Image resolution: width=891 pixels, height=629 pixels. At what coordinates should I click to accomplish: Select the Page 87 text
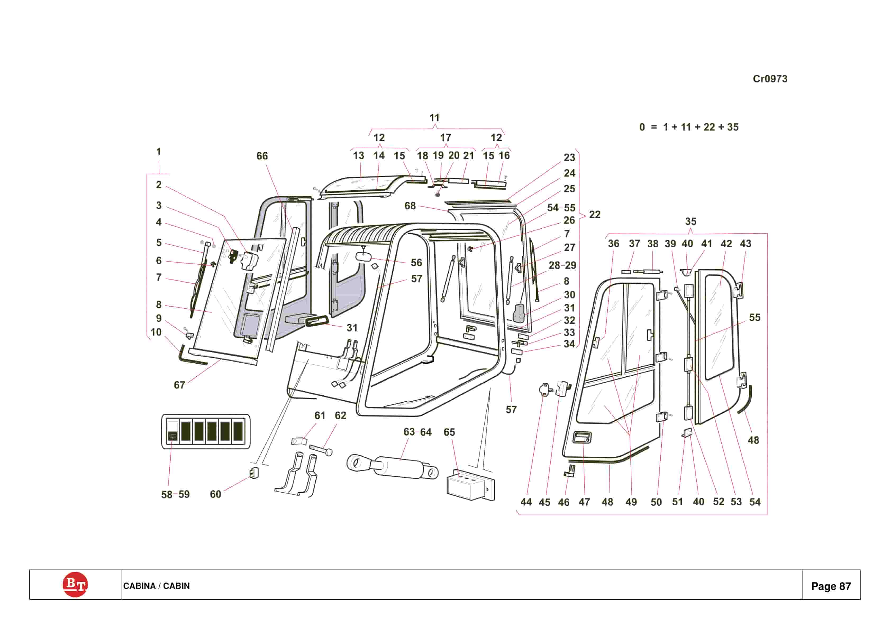tap(831, 586)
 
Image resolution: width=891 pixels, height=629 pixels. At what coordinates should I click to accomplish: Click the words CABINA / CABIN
tap(156, 586)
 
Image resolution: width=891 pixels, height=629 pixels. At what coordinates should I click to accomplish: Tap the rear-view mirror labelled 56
tap(364, 256)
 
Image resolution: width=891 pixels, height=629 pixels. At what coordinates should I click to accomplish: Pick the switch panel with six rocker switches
tap(206, 431)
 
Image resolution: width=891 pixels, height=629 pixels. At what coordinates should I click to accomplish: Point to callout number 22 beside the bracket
tap(594, 215)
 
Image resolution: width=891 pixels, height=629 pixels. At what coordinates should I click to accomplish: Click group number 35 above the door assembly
tap(690, 221)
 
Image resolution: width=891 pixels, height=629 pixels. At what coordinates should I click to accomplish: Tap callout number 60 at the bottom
tap(215, 494)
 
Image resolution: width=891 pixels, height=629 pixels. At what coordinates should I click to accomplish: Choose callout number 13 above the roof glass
tap(358, 156)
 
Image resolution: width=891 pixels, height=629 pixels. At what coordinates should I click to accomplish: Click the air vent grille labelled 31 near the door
tap(317, 321)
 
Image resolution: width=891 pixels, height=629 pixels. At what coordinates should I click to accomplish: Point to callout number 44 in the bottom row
tap(526, 502)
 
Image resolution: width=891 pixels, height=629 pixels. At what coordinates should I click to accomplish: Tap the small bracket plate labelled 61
tap(299, 441)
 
